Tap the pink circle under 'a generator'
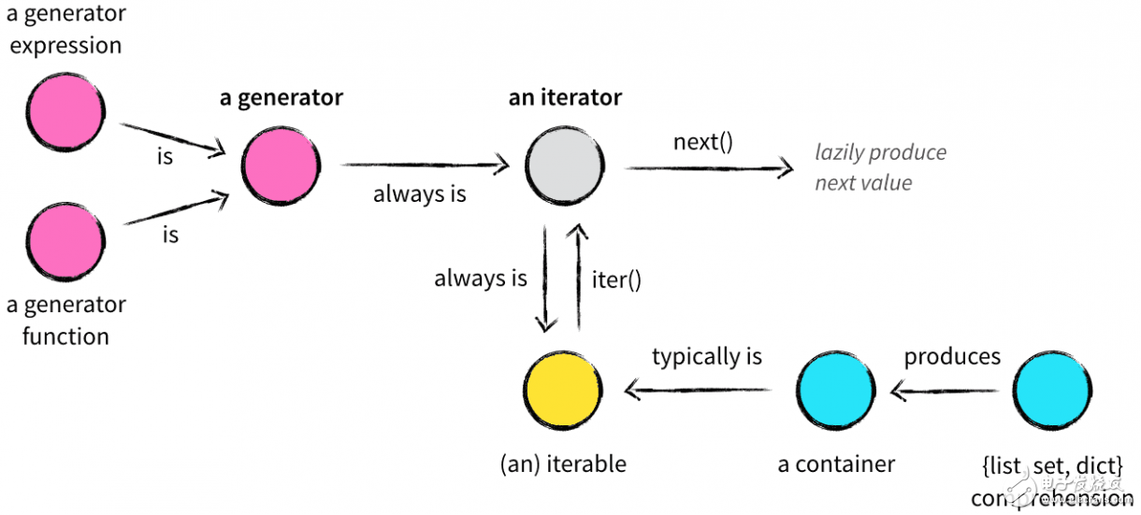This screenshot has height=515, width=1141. [281, 166]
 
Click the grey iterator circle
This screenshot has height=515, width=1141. [564, 166]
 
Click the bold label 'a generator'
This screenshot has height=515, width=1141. [281, 97]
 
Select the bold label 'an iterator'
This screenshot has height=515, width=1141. [565, 97]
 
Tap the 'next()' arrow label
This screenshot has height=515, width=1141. [702, 143]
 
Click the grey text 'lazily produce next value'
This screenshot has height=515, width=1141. [879, 167]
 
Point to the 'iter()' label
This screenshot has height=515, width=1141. [616, 279]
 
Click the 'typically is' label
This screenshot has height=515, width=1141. [707, 356]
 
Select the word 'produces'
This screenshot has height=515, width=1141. [951, 356]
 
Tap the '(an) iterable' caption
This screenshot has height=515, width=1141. [563, 465]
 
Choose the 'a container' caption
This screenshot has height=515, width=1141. [836, 465]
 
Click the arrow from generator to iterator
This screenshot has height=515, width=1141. [425, 166]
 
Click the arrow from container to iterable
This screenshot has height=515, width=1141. [701, 390]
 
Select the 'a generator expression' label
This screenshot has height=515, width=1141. [65, 30]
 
